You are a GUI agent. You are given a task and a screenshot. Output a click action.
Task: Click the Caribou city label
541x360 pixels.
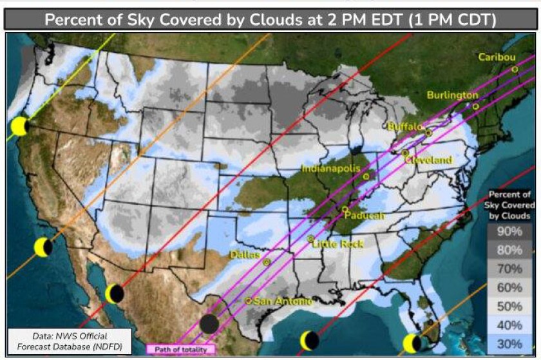[x=497, y=57]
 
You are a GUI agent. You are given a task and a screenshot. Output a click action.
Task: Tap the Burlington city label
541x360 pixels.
[x=453, y=95]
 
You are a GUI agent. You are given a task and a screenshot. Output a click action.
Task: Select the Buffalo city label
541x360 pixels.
[x=404, y=127]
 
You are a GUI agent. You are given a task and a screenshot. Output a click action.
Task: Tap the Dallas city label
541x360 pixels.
[x=244, y=255]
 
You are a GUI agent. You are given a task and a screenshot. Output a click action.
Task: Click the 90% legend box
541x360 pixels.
[x=509, y=231]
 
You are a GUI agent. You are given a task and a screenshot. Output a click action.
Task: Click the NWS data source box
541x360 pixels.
[x=70, y=341]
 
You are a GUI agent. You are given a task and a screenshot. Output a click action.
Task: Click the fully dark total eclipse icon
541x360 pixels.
[x=209, y=324]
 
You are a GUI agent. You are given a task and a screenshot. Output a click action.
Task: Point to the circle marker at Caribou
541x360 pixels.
[x=515, y=69]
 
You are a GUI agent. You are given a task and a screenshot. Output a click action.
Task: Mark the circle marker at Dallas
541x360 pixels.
[x=266, y=262]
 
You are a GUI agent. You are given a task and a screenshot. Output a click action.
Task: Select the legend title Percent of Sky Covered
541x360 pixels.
[x=509, y=205]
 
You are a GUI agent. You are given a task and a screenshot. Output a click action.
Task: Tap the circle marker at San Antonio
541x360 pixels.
[x=249, y=301]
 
